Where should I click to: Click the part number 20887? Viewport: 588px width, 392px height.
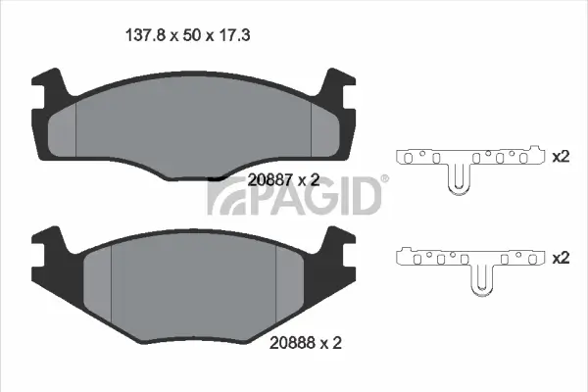point(269,179)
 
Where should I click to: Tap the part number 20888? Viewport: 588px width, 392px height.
point(291,343)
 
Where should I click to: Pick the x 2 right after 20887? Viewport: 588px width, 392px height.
point(309,179)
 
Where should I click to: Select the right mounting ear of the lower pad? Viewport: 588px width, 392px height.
point(343,249)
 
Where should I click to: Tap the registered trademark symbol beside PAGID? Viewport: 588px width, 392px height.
point(384,179)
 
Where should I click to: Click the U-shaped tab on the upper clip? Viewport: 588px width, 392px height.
point(457,179)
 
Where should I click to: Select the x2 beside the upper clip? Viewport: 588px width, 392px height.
point(561,157)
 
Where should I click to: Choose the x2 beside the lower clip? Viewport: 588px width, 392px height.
point(561,258)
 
